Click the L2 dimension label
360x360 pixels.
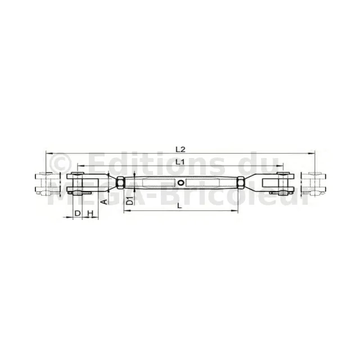tap(180, 150)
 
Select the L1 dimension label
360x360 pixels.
tap(180, 162)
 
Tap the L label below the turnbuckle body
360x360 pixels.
tap(179, 206)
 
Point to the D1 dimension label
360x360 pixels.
tap(130, 201)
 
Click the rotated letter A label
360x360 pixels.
tap(104, 202)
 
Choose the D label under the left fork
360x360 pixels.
tap(78, 213)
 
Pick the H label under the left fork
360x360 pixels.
tap(91, 213)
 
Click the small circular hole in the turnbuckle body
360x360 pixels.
tap(181, 183)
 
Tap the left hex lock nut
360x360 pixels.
tap(120, 183)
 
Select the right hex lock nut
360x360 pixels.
tap(241, 183)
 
